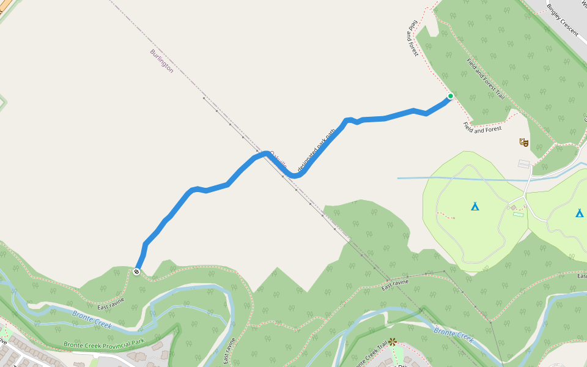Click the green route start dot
tap(451, 96)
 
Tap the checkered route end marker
tap(136, 272)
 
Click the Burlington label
tap(161, 61)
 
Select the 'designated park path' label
tap(317, 149)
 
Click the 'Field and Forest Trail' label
tap(485, 79)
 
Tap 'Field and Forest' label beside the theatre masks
tap(482, 129)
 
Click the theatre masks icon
tap(523, 142)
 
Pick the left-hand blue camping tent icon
tap(475, 206)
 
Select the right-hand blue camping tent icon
tap(579, 213)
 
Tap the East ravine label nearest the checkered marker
tap(111, 302)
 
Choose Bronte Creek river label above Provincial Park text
tap(92, 319)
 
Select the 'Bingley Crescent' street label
tap(563, 20)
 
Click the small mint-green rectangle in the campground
tap(519, 214)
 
